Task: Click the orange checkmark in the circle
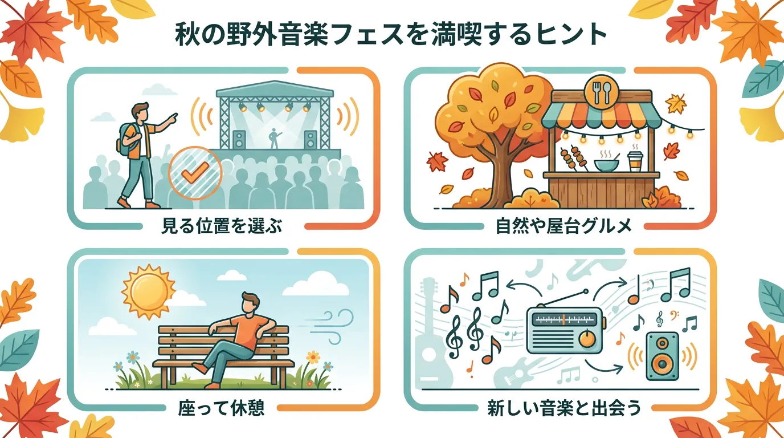click(x=195, y=172)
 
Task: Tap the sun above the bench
click(x=149, y=292)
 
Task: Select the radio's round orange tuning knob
click(x=587, y=339)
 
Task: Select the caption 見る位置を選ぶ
click(x=222, y=226)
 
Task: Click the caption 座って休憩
click(x=221, y=407)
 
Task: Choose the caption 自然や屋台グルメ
click(x=563, y=226)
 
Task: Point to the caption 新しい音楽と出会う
click(x=564, y=407)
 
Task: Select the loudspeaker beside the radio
click(x=662, y=356)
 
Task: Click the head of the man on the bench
click(x=250, y=303)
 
